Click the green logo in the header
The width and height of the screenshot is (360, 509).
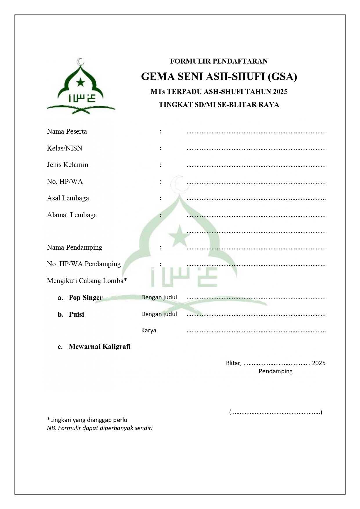(81, 86)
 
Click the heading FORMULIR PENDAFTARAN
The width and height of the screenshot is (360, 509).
(219, 61)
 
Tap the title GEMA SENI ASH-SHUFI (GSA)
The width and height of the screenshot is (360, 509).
(219, 77)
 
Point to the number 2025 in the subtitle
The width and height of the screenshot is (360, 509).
(280, 92)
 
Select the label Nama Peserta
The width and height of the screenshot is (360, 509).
(67, 131)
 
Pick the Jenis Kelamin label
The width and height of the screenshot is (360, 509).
(68, 165)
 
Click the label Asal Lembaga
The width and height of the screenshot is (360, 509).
(68, 198)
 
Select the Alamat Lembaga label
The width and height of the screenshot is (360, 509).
(72, 215)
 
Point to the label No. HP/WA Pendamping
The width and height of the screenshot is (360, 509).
(84, 264)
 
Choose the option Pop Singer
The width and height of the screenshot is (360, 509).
(86, 298)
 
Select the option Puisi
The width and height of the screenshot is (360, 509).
(76, 314)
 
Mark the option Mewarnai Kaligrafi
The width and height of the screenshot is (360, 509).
(100, 347)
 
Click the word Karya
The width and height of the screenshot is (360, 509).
(149, 330)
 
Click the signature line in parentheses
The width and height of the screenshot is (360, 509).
(276, 412)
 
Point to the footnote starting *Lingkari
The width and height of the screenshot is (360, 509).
(87, 420)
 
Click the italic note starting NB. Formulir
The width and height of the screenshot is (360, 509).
(100, 428)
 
